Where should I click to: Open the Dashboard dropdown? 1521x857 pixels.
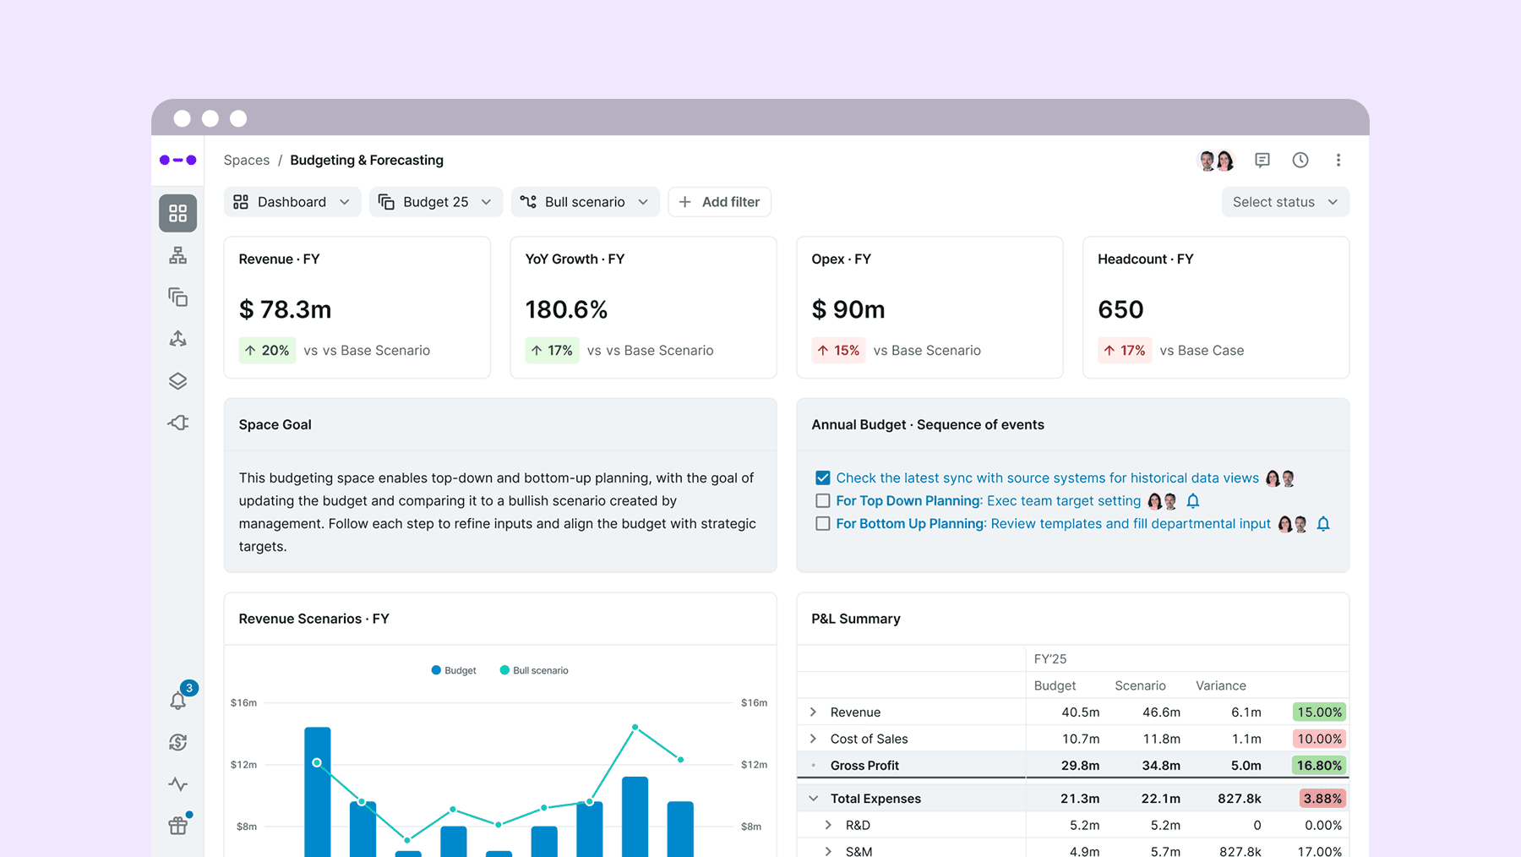click(292, 202)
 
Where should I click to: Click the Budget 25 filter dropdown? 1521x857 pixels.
click(435, 202)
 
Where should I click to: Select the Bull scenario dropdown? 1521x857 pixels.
click(585, 202)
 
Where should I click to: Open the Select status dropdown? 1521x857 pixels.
click(1285, 202)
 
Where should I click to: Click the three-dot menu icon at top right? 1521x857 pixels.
click(1338, 160)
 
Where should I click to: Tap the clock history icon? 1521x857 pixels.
click(1300, 160)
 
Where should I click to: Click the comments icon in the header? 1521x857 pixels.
click(1262, 160)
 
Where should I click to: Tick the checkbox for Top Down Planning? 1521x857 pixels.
click(822, 501)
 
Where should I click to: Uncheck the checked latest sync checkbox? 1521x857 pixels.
click(822, 478)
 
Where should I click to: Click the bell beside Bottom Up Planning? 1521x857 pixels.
click(1323, 524)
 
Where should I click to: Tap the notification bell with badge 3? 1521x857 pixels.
click(178, 700)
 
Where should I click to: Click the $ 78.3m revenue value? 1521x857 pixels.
click(285, 309)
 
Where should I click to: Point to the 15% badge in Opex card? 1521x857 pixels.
click(838, 350)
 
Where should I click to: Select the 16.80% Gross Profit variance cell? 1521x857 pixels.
click(1320, 765)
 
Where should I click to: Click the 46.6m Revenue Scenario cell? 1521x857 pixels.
click(1161, 712)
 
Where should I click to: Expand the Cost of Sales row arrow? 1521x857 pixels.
click(813, 739)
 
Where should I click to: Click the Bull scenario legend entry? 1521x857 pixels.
click(534, 670)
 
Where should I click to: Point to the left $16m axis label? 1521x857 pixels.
click(243, 702)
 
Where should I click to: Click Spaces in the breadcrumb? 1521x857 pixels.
click(247, 160)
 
